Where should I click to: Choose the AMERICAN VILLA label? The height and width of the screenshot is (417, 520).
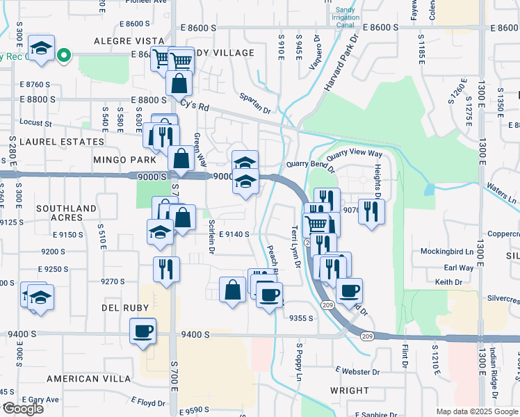88,379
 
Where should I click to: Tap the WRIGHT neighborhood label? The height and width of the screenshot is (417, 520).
350,391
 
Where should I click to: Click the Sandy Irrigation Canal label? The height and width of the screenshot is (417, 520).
345,15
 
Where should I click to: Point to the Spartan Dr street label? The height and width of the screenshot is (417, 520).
254,103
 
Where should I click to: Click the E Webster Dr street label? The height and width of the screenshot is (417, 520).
356,371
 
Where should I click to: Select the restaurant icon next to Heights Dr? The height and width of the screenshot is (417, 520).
371,211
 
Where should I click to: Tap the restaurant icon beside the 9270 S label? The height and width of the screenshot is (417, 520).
165,269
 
